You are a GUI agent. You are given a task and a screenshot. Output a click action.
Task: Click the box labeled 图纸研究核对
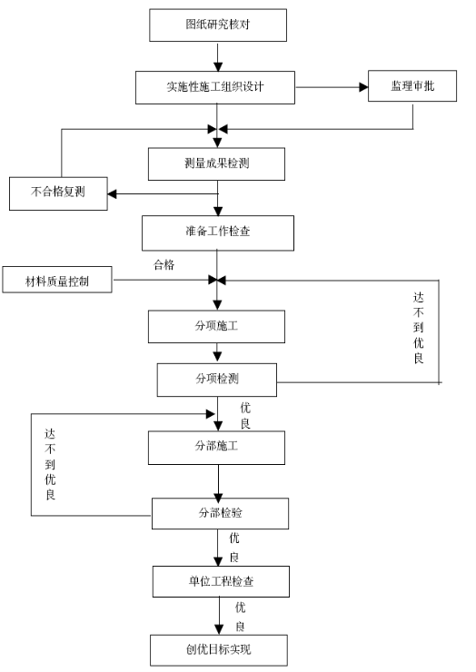pos(218,25)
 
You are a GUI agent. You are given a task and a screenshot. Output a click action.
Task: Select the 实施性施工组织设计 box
pos(215,87)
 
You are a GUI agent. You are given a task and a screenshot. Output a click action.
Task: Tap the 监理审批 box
pos(412,86)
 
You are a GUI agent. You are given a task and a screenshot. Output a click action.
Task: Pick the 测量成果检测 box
pos(216,164)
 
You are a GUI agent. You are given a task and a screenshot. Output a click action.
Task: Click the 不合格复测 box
pos(58,193)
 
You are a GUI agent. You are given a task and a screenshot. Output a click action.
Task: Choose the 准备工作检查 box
pos(218,233)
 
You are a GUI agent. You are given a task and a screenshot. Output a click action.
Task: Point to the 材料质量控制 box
pos(57,280)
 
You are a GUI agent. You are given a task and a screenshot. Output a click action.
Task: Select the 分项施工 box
pos(216,327)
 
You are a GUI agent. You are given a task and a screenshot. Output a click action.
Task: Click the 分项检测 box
pos(217,380)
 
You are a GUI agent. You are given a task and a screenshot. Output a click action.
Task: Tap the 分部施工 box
pos(216,448)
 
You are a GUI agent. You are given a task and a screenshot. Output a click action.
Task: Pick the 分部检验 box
pos(221,513)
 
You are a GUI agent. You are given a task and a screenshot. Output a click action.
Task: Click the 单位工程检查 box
pos(221,581)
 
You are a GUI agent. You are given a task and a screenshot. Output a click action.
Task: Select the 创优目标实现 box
pos(219,650)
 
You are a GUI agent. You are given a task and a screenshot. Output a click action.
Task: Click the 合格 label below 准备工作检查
pos(164,265)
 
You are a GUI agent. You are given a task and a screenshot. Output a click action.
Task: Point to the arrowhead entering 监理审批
pos(363,87)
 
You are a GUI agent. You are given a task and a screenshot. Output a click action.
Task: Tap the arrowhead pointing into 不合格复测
pos(112,194)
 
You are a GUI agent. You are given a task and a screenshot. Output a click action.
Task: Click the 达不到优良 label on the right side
pos(419,328)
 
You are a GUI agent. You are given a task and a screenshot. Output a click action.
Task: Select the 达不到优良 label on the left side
pos(50,465)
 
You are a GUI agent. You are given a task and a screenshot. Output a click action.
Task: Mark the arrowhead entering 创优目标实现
pos(219,629)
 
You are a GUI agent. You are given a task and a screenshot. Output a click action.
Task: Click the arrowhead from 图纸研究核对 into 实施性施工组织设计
pos(218,66)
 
